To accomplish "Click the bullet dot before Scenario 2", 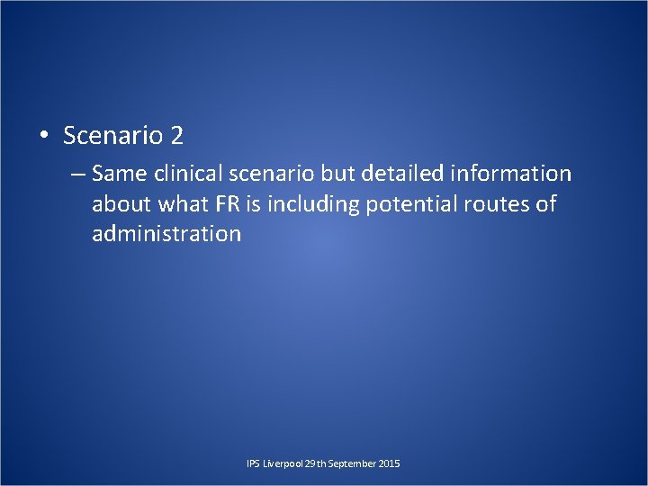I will click(42, 137).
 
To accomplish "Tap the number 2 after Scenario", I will click(176, 136).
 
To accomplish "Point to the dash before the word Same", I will click(78, 173).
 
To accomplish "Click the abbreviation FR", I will click(226, 204).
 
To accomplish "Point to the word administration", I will click(166, 235).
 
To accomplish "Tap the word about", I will click(121, 204).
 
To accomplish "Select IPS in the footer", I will click(253, 463).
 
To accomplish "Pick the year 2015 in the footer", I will click(390, 463).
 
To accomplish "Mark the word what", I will click(184, 204).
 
